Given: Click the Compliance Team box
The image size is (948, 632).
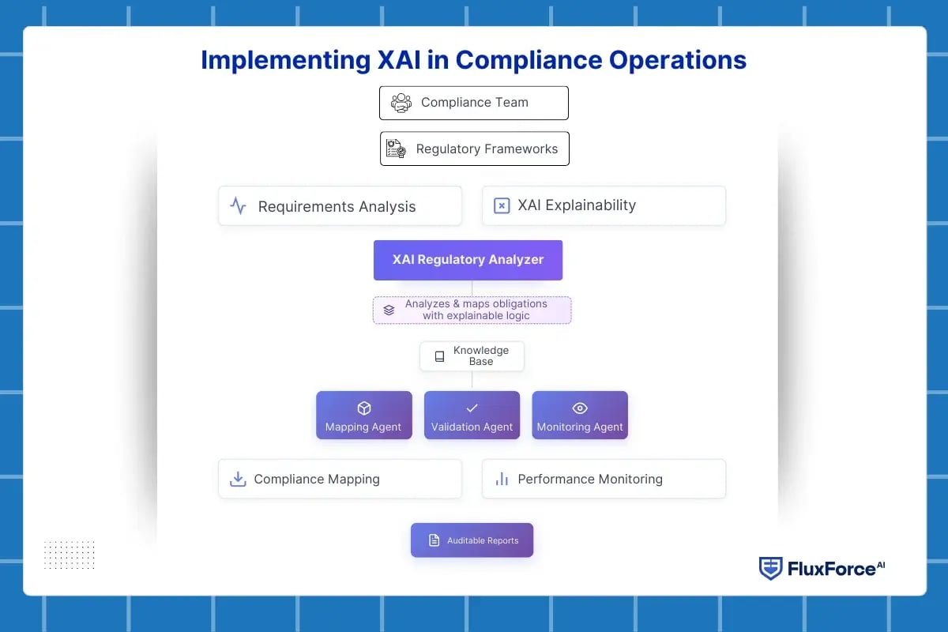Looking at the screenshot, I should pos(473,103).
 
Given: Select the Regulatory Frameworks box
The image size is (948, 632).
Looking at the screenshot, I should pos(474,149).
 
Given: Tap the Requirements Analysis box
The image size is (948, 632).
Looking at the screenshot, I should pos(340,206).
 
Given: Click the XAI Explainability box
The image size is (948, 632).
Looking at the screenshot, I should pos(604,205).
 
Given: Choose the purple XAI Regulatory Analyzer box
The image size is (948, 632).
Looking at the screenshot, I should pos(468,260).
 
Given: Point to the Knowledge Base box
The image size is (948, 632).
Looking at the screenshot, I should pos(472,356).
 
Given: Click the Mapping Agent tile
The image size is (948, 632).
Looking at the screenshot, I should pos(363,416).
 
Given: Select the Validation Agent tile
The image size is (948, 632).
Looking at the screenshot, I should pos(472,416).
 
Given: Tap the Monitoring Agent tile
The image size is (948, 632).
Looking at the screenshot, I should pos(580,416).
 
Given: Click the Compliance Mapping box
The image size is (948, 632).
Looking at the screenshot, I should pos(340,479).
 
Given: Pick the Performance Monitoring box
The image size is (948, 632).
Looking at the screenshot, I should pos(604,479).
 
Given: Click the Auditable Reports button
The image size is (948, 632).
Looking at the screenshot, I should pos(472,540).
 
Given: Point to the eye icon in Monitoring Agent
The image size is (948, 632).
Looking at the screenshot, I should pos(580,408).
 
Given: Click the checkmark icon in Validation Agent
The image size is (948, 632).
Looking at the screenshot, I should pos(472,408).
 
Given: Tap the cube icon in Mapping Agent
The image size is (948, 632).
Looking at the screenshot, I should pos(363,408).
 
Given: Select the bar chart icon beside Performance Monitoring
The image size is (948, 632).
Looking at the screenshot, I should pos(502,479).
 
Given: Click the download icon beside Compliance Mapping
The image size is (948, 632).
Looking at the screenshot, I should pos(237,479).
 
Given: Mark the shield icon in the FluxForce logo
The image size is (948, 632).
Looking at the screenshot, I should pos(770,568).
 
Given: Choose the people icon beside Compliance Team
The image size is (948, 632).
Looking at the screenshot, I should pos(401,103).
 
